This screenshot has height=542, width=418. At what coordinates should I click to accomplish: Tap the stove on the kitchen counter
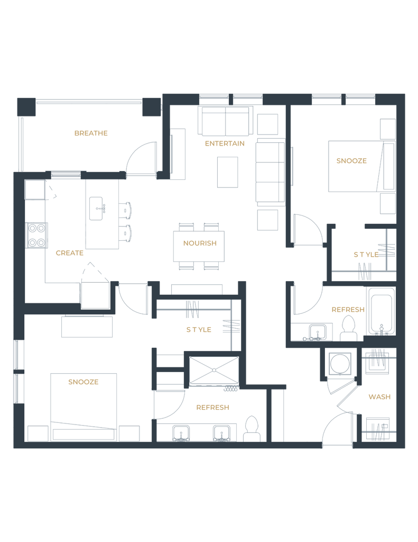[x=36, y=234]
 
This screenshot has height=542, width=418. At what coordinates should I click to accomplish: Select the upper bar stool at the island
[x=127, y=210]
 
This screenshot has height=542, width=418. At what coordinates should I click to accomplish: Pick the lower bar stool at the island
[x=127, y=232]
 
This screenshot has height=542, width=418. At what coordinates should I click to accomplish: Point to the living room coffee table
[x=227, y=171]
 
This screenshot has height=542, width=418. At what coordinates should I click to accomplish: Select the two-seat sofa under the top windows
[x=225, y=121]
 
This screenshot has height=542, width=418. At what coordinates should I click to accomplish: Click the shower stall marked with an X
[x=213, y=370]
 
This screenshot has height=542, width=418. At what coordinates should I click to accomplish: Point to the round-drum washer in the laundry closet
[x=340, y=364]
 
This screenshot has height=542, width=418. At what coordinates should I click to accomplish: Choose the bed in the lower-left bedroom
[x=83, y=401]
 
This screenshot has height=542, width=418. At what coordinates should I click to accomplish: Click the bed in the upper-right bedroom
[x=354, y=166]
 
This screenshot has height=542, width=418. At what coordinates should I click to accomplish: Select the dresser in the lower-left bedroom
[x=87, y=326]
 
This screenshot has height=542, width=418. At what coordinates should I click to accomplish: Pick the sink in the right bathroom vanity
[x=318, y=332]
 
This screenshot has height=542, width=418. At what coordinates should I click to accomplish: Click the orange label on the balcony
[x=91, y=133]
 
